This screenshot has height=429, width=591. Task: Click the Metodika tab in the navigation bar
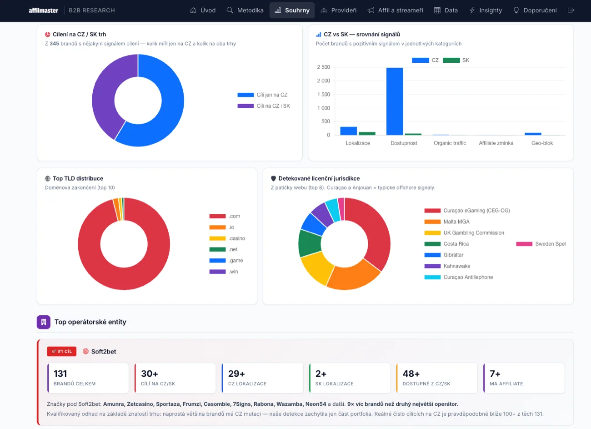245,10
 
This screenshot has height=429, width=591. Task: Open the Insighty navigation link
486,10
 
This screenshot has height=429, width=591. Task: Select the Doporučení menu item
535,10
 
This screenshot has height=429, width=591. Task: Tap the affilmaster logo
43,10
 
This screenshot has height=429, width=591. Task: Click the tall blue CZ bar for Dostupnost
395,101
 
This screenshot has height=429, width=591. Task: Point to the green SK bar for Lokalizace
367,134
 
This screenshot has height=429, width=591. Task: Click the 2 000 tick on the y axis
324,81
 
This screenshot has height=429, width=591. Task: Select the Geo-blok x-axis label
542,143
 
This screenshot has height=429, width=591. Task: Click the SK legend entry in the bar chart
456,60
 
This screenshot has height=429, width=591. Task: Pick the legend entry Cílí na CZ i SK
264,106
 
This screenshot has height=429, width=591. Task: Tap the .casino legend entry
227,238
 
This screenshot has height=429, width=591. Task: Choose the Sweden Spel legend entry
541,244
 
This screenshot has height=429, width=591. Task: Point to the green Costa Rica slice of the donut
310,243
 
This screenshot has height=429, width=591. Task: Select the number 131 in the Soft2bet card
60,373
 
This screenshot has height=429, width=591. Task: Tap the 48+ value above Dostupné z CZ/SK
411,373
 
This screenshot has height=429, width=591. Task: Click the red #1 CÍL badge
62,351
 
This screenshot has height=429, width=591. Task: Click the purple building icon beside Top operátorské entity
44,322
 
